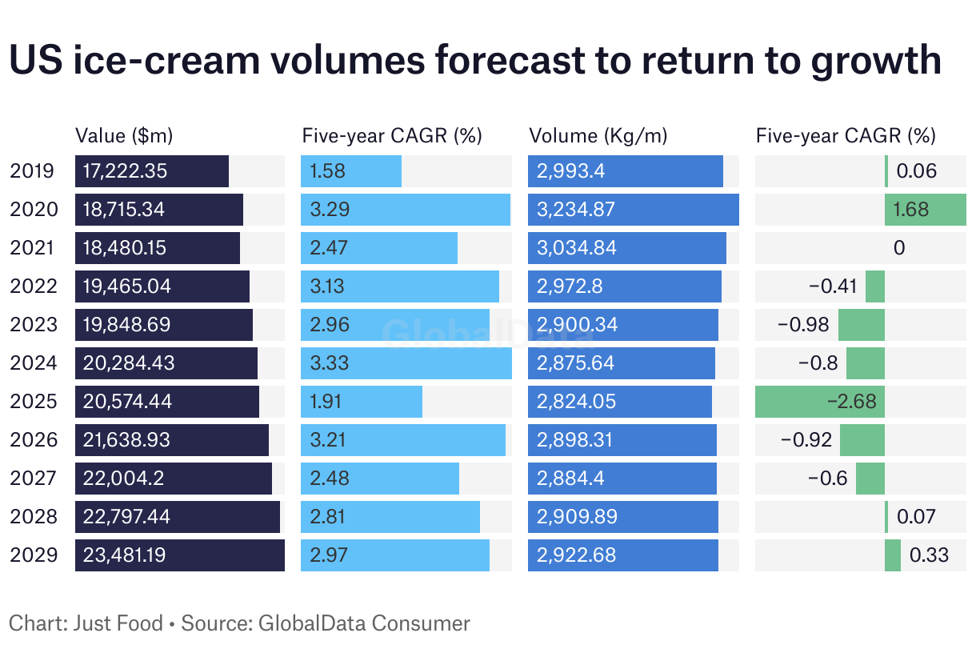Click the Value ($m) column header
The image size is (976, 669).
pos(123,135)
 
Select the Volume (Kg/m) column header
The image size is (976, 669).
pos(598,135)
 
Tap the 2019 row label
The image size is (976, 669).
pos(33,170)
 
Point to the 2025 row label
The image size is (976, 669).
pos(34,401)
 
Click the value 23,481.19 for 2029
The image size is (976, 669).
pos(124,555)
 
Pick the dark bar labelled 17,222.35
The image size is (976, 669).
pos(152,170)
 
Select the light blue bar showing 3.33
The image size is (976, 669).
pos(406,363)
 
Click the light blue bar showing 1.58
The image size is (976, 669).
pos(351,170)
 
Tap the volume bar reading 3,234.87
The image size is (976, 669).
pos(633,209)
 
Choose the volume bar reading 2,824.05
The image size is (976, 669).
pos(619,401)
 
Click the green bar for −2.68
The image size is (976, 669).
pos(819,401)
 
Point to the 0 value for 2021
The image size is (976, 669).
pos(899,247)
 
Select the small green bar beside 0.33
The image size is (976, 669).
pos(892,555)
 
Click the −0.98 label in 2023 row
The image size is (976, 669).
pos(804,324)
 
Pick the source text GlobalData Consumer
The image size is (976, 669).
pos(364,623)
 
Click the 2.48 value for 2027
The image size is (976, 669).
pos(328,478)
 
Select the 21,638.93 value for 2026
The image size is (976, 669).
pos(126,439)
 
